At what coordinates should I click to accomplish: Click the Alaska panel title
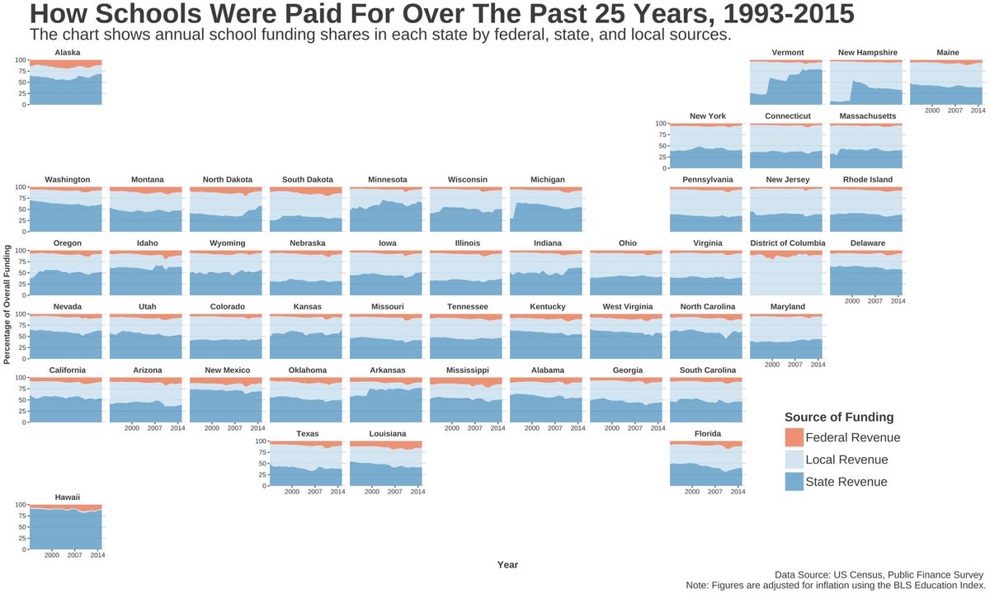tap(67, 53)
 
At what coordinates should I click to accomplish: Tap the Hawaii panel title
tap(67, 497)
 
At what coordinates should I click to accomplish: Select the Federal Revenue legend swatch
tap(793, 437)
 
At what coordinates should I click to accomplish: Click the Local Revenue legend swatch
tap(793, 460)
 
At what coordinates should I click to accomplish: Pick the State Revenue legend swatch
tap(793, 482)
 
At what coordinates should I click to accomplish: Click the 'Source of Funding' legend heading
tap(839, 417)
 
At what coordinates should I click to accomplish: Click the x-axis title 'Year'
tap(507, 564)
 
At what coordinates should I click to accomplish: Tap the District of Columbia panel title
tap(787, 243)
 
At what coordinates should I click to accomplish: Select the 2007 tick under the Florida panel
tap(714, 492)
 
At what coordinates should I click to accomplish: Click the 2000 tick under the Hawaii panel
tap(51, 556)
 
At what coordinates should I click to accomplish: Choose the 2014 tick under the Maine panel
tap(978, 111)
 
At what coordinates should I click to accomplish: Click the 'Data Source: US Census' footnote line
tap(879, 574)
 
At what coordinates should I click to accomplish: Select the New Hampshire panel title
tap(867, 53)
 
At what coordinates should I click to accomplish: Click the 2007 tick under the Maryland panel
tap(794, 365)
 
